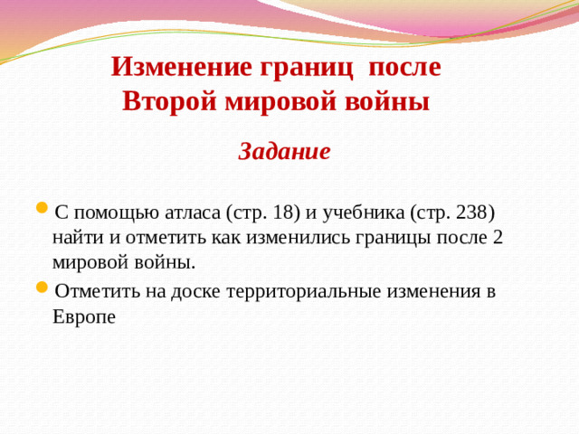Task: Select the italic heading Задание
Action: [x=284, y=151]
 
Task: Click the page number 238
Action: [x=468, y=212]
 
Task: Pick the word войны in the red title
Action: [x=392, y=101]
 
